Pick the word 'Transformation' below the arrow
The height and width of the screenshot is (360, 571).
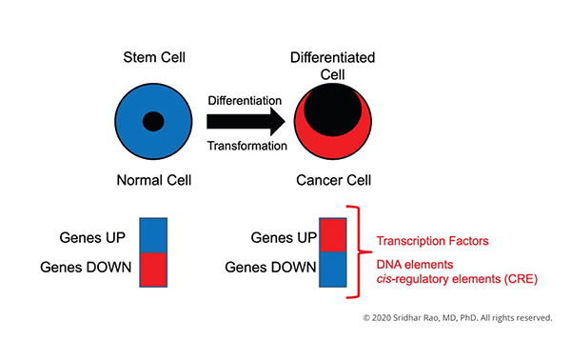(x=246, y=146)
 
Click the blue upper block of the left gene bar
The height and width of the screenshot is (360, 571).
(x=154, y=235)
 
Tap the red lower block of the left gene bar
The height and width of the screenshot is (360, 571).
(x=154, y=269)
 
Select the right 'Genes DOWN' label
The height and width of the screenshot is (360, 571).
(x=269, y=267)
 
